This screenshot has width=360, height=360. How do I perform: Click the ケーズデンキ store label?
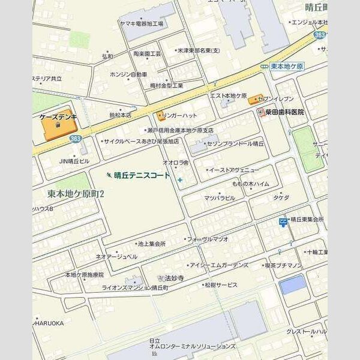[x=58, y=118]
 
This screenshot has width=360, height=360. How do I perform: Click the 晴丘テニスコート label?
[x=142, y=176]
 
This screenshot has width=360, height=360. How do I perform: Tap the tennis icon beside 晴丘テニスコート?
[x=108, y=175]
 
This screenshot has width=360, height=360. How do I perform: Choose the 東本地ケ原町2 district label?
[x=76, y=194]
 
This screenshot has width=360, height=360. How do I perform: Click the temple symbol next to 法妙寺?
[x=160, y=278]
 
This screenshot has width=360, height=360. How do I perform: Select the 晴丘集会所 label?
[x=306, y=220]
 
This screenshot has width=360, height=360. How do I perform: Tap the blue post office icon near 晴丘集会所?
[x=283, y=223]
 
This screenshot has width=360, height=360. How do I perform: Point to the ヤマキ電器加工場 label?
[x=141, y=23]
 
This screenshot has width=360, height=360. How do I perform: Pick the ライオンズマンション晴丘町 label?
[x=135, y=288]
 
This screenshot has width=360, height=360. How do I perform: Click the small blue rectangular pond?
[x=292, y=284]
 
